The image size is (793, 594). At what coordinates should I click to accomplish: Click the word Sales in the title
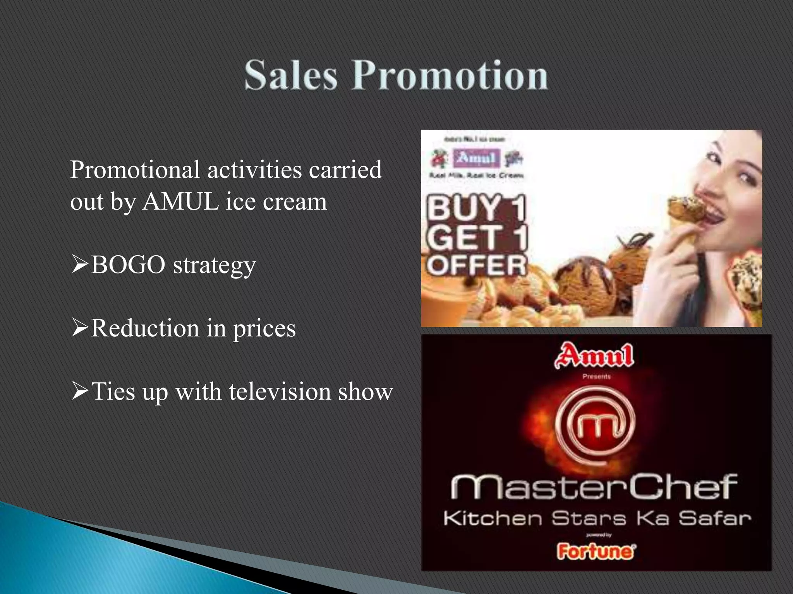click(x=291, y=75)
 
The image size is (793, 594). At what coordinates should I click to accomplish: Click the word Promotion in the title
click(x=449, y=75)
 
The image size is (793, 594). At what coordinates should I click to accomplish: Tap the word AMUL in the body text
click(x=180, y=201)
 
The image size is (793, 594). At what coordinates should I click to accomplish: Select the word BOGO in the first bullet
click(x=128, y=265)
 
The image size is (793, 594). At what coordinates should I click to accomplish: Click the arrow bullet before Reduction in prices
click(x=80, y=328)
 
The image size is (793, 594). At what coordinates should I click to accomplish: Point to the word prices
click(x=264, y=329)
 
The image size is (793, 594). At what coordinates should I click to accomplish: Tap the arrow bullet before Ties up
click(x=80, y=391)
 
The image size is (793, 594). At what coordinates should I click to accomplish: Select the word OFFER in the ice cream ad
click(x=477, y=265)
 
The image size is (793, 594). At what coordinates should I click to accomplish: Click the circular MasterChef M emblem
click(x=596, y=424)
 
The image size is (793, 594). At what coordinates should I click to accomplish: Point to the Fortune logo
click(x=596, y=551)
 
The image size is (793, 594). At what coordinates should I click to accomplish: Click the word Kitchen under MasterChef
click(x=493, y=518)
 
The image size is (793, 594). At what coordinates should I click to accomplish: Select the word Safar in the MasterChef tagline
click(x=714, y=518)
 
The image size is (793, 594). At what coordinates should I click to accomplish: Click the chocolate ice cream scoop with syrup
click(x=585, y=282)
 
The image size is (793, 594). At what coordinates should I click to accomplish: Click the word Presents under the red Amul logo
click(x=596, y=376)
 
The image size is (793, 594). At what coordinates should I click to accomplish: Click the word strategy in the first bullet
click(x=214, y=266)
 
